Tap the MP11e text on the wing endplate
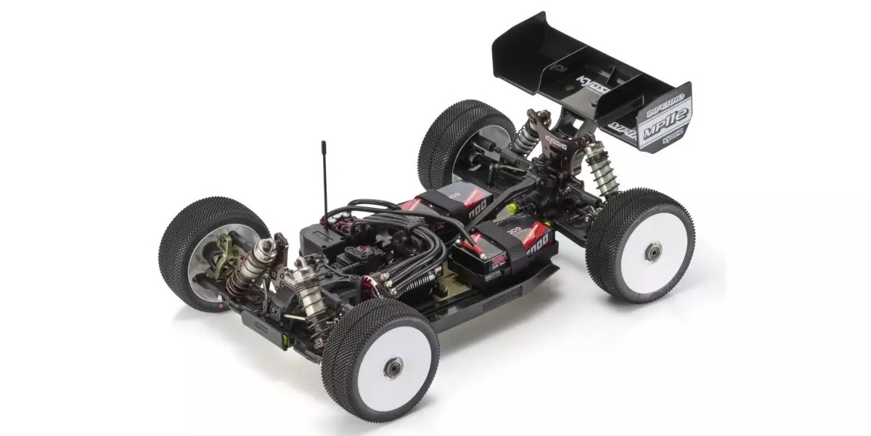coord(666,121)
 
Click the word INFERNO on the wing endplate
coord(662,104)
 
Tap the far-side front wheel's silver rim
coord(207,254)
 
